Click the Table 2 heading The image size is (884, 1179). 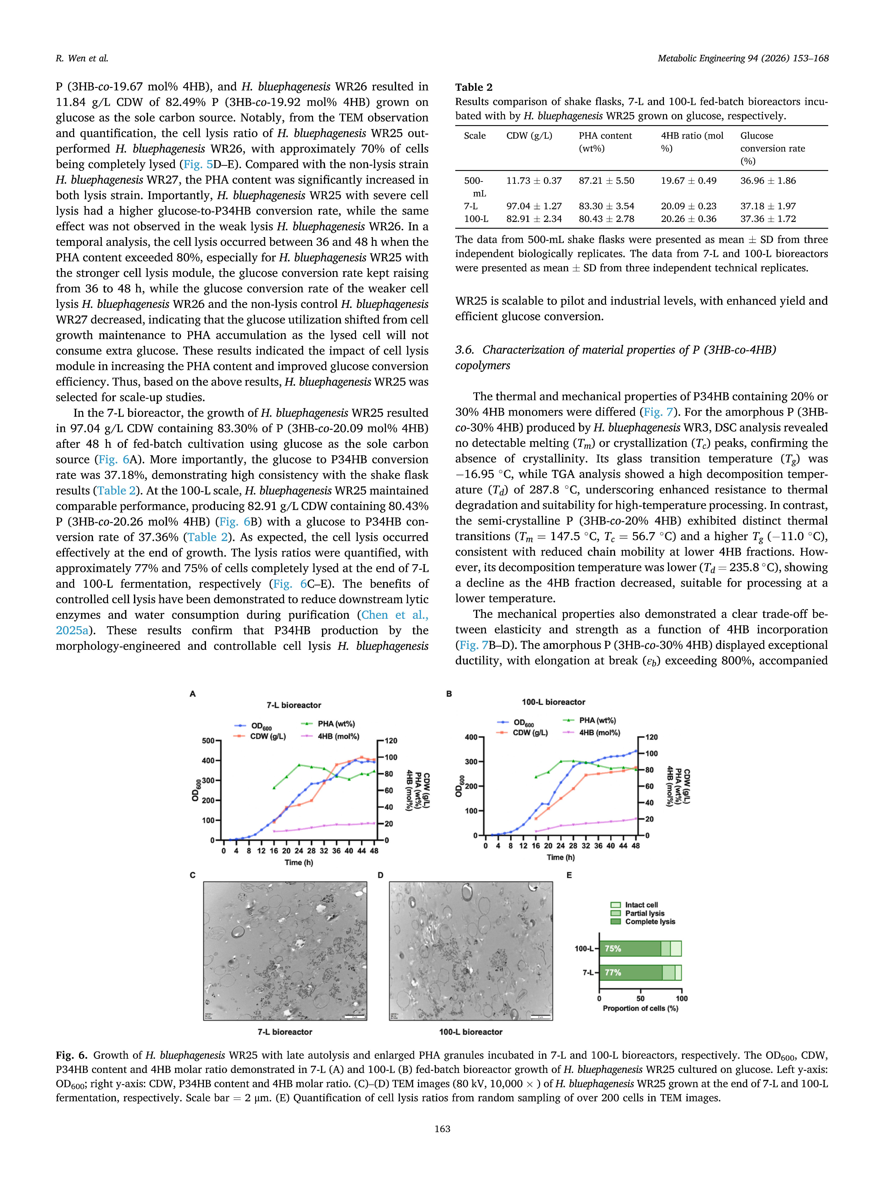474,87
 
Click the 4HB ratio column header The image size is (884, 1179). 692,142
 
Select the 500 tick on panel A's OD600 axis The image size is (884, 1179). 208,741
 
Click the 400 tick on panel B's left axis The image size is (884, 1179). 471,737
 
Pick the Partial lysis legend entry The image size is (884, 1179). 644,913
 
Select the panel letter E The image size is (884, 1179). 569,875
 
